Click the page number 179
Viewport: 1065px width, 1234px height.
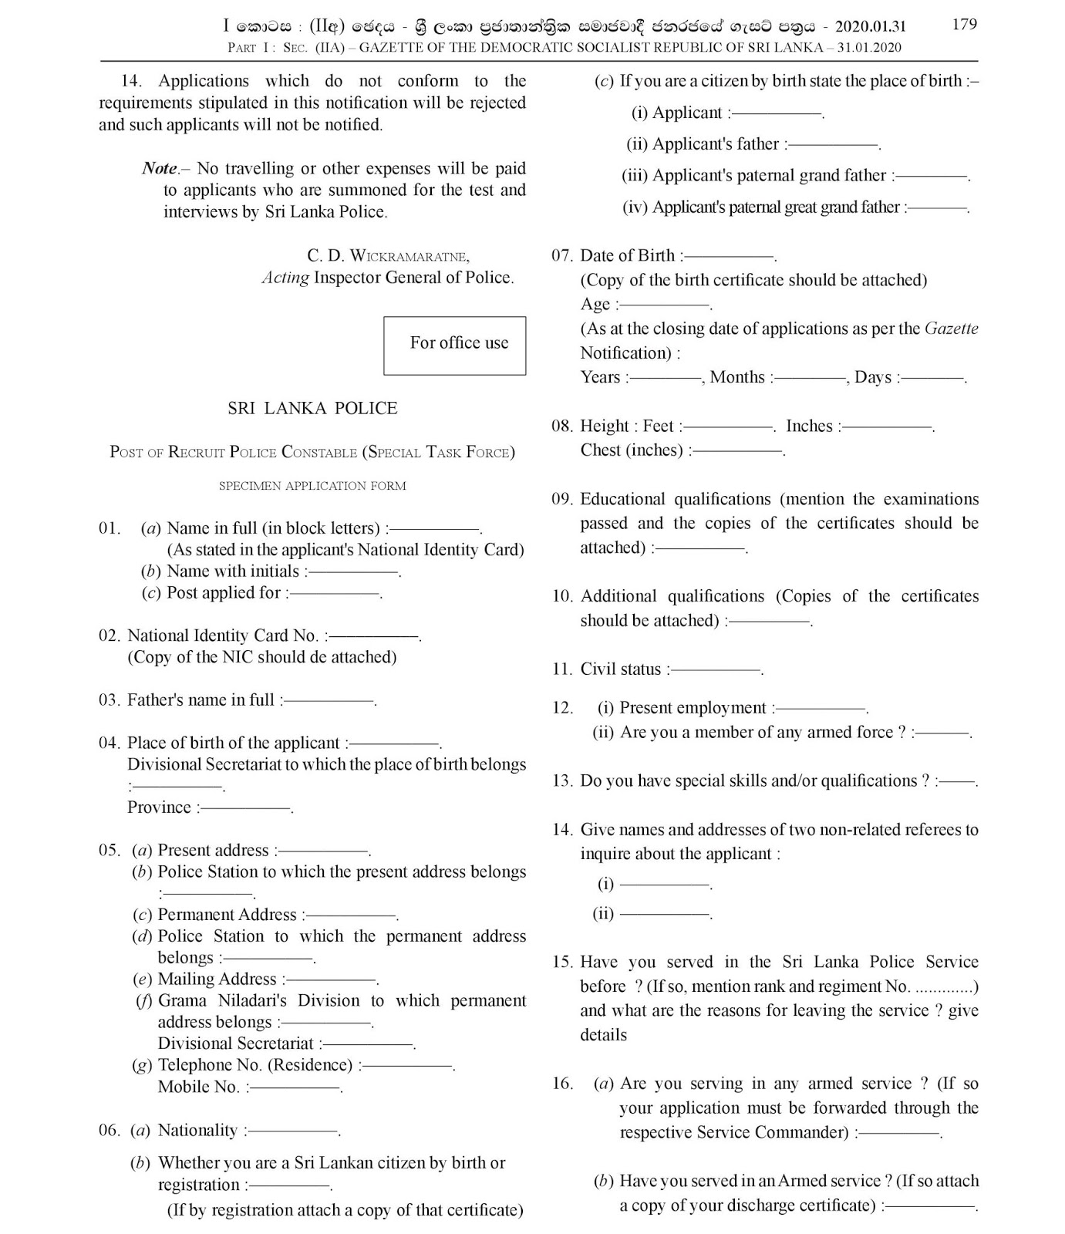(964, 24)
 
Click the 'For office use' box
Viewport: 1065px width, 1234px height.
(455, 345)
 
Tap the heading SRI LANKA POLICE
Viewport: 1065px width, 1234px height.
(312, 409)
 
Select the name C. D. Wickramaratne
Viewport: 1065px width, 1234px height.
(388, 256)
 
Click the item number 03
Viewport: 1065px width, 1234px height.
(109, 700)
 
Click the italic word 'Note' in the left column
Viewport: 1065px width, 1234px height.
(160, 169)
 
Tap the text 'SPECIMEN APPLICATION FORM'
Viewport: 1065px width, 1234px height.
(312, 486)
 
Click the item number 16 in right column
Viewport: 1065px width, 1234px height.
(562, 1084)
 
